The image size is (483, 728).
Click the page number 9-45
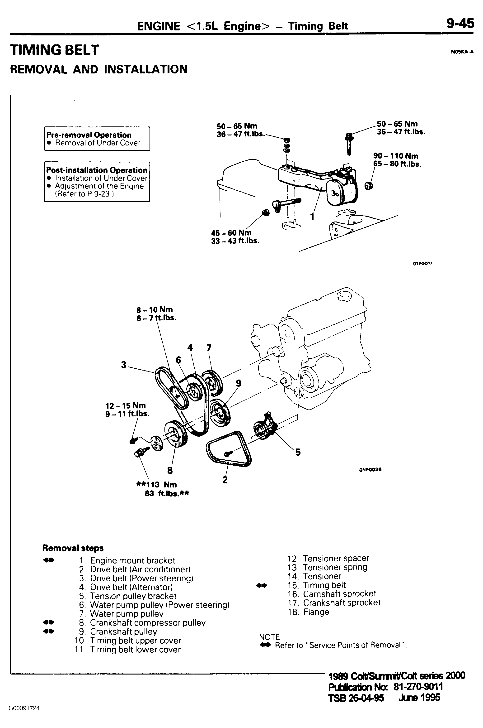[x=460, y=24]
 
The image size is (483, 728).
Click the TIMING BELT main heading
[x=55, y=50]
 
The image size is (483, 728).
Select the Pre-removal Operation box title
[x=89, y=135]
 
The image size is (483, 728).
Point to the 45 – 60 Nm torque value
[x=231, y=233]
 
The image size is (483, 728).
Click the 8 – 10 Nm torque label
[x=155, y=309]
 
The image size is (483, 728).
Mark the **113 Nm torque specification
[x=156, y=484]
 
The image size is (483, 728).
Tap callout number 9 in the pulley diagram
[x=239, y=383]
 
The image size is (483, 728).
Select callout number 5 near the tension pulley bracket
[x=298, y=452]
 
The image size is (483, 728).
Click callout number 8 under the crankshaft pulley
[x=170, y=470]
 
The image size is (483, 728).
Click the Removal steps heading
[x=73, y=548]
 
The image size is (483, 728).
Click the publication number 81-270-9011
[x=418, y=687]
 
